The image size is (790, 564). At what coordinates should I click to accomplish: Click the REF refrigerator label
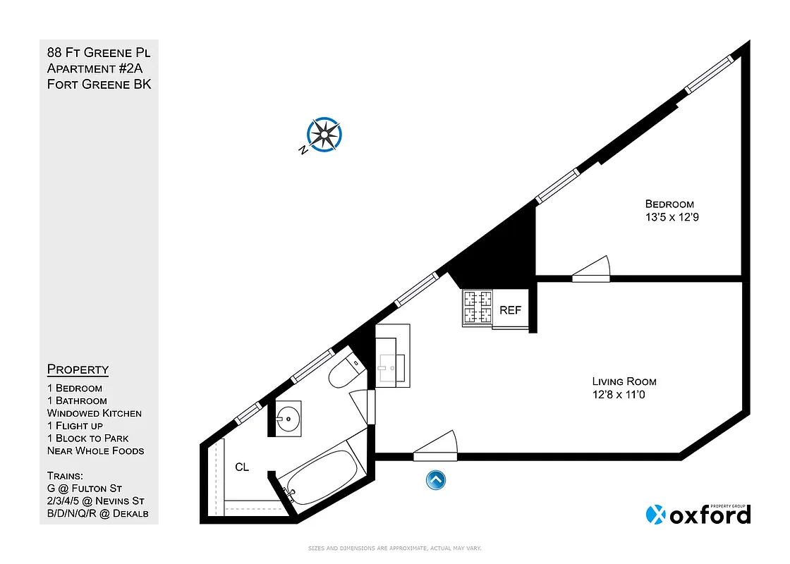click(x=510, y=310)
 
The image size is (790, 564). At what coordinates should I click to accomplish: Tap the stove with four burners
click(x=477, y=308)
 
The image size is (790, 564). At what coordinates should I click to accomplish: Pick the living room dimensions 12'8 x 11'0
click(x=619, y=395)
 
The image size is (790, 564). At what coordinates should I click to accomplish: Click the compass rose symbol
click(x=324, y=134)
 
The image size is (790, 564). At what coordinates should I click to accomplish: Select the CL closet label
click(x=242, y=467)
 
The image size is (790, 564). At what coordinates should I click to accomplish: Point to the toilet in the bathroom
click(x=345, y=372)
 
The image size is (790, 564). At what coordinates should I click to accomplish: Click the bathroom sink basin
click(x=288, y=418)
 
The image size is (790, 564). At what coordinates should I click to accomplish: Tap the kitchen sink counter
click(x=392, y=356)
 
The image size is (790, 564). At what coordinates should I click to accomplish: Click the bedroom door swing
click(x=591, y=270)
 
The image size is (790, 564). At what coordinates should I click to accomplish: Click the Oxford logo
click(x=698, y=514)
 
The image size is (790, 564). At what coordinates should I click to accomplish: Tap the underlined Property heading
click(x=78, y=369)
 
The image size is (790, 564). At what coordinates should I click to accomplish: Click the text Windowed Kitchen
click(x=95, y=413)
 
